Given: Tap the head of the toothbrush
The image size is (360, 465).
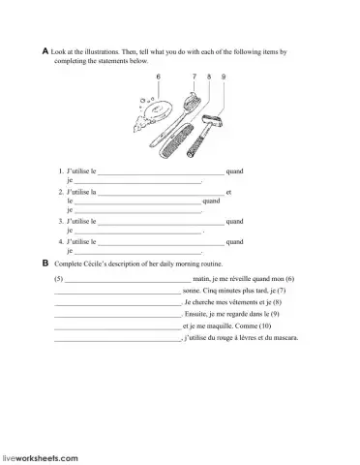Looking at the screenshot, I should tap(193, 100).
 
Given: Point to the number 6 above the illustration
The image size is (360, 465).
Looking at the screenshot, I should tap(158, 76).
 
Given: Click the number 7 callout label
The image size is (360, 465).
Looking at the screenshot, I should tap(194, 76).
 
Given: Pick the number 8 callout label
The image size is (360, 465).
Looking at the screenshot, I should tap(210, 76).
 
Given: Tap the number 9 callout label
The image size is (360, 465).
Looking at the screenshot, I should tap(224, 76).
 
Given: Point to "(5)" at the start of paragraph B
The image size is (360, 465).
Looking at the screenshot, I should tap(59, 278).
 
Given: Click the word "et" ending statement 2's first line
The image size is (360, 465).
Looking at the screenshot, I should tap(228, 193).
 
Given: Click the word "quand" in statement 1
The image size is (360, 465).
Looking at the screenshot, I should tap(234, 171).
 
